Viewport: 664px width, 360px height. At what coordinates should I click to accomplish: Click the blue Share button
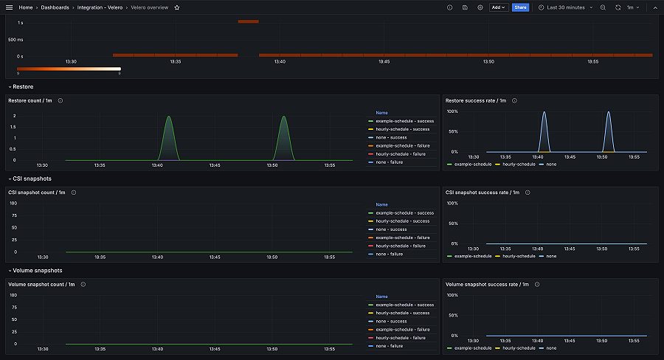(x=520, y=7)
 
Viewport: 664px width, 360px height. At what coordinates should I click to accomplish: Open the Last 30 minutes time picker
(x=565, y=7)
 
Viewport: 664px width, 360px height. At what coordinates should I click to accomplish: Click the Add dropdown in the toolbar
(x=499, y=7)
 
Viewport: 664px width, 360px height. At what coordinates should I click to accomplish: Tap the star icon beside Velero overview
(x=177, y=7)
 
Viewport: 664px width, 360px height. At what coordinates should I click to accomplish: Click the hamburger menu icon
(x=10, y=7)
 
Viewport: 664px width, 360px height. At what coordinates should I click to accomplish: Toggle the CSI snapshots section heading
(x=32, y=179)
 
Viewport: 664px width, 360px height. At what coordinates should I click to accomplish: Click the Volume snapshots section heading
(x=37, y=270)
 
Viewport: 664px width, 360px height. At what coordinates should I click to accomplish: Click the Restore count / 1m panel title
(x=30, y=100)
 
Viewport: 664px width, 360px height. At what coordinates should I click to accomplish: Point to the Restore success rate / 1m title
(x=476, y=100)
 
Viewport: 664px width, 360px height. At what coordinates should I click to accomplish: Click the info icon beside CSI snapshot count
(x=73, y=193)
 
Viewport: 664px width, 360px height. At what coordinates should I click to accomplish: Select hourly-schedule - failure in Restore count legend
(x=402, y=154)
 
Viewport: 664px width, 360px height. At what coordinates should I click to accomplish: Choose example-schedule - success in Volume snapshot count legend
(x=404, y=305)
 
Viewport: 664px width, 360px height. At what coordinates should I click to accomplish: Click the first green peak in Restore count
(x=168, y=117)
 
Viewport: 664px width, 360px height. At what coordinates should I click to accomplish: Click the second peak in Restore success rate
(x=609, y=113)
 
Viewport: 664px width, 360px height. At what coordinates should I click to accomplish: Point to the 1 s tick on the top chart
(x=20, y=23)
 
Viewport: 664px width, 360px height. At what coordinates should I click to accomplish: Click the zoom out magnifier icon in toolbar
(x=603, y=7)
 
